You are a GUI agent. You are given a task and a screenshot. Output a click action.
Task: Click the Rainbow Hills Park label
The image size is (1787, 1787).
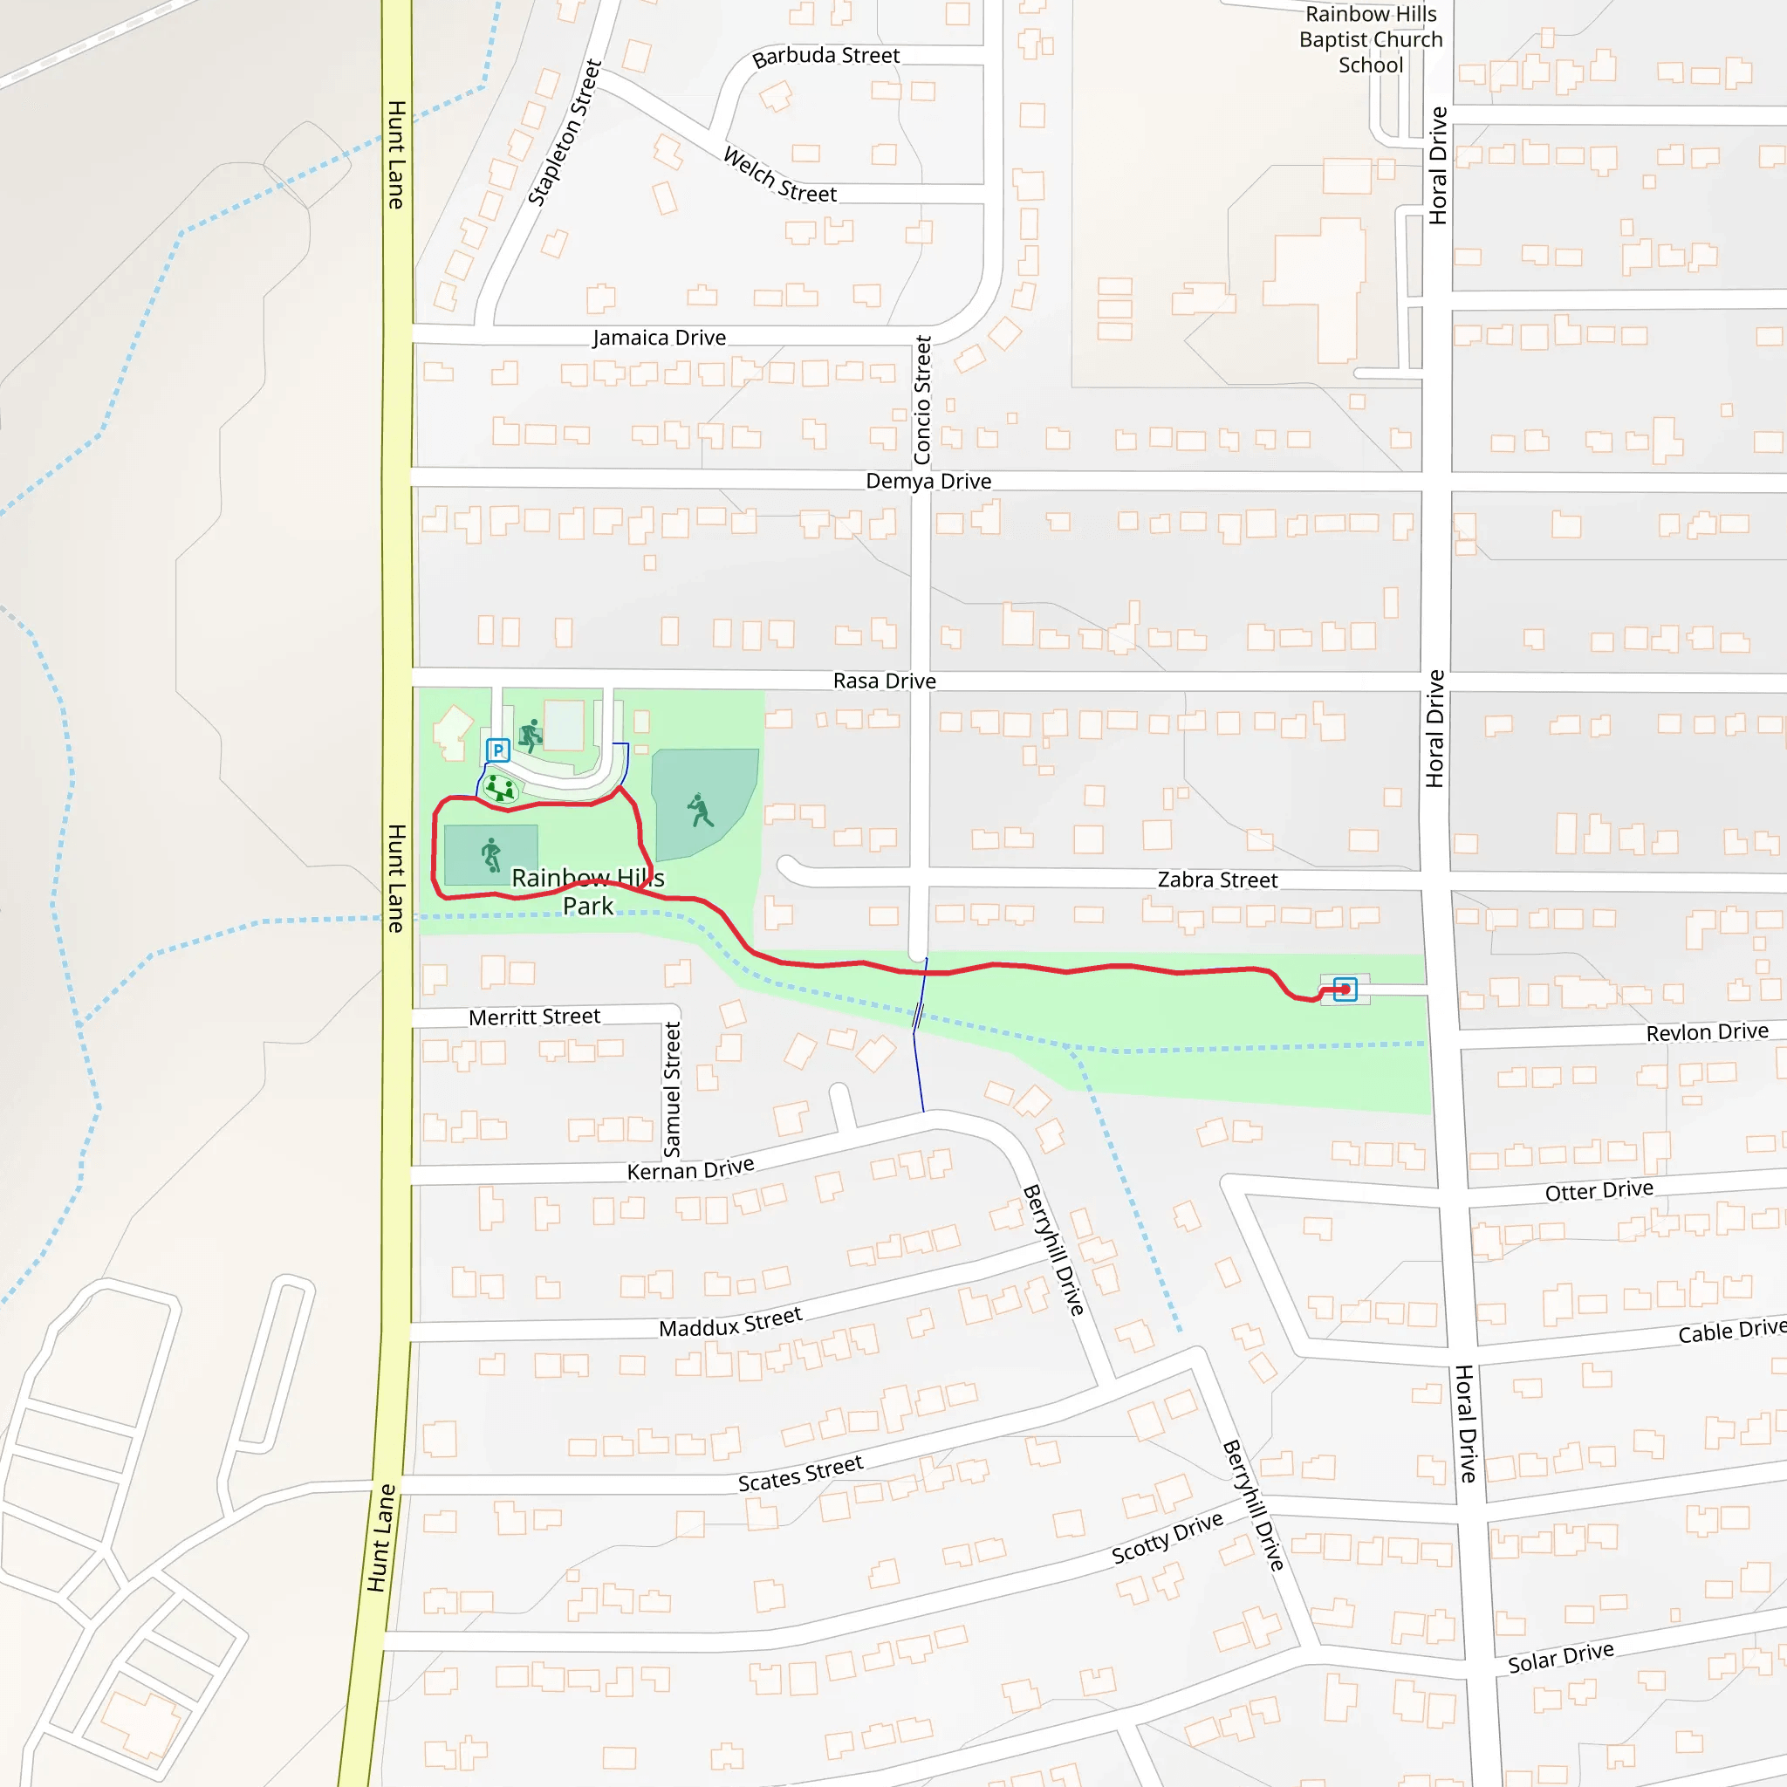pos(588,892)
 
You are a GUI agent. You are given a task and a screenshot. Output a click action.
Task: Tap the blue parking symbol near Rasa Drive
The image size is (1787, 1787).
pos(497,750)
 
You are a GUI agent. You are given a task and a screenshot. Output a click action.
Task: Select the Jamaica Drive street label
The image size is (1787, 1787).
pos(660,338)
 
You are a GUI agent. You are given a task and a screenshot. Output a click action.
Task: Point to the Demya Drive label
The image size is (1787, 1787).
pos(928,481)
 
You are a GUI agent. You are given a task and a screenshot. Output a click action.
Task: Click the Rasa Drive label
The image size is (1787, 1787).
pos(884,681)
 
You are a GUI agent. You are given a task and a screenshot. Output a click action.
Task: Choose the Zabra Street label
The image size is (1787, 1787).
pos(1217,880)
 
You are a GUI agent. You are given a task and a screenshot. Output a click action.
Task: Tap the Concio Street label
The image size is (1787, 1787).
pos(922,400)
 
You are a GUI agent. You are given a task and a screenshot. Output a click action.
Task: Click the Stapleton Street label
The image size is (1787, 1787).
pos(565,133)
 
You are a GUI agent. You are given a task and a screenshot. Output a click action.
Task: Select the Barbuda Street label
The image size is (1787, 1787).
pos(825,57)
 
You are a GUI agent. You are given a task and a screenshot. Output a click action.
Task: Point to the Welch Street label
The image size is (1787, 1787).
pos(780,175)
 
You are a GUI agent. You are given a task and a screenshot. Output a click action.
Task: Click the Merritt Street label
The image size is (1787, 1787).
pos(535,1017)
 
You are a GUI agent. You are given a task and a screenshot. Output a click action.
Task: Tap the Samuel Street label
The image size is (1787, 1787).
pos(673,1089)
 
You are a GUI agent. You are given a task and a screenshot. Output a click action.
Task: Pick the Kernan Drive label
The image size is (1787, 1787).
pos(690,1169)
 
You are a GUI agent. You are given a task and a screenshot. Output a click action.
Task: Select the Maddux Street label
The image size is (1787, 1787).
pos(729,1323)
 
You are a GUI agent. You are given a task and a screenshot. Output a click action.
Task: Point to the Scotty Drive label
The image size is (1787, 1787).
pos(1167,1538)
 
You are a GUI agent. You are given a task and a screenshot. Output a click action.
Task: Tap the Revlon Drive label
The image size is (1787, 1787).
pos(1707,1032)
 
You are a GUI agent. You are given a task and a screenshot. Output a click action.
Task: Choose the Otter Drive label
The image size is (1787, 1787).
pos(1599,1190)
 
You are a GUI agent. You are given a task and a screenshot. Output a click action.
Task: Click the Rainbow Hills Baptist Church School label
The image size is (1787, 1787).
pos(1370,40)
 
